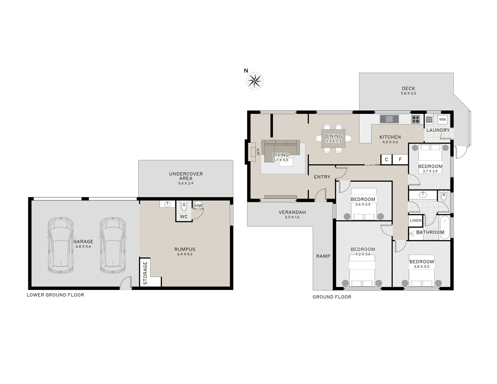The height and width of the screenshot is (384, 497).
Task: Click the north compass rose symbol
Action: point(254,81)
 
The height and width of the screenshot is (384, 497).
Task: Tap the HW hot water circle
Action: point(198,206)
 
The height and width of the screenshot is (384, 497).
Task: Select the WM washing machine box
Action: point(442,119)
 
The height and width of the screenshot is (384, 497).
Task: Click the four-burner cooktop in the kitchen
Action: point(415,119)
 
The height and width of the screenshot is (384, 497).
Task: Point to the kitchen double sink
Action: point(389,119)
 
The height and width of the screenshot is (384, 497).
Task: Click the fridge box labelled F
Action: point(400,160)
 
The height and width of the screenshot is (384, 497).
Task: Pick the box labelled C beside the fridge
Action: point(386,160)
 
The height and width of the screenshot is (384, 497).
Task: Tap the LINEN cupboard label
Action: point(415,221)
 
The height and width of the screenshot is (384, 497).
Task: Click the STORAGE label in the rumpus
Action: point(145,273)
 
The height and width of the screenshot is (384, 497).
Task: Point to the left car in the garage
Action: point(60,245)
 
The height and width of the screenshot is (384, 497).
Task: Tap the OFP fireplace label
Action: point(258,152)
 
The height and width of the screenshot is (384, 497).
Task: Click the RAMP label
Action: point(323,256)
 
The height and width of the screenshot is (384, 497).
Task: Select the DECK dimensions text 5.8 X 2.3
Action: point(408,93)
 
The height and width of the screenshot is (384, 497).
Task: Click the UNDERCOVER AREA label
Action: point(186,176)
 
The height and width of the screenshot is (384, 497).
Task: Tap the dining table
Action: point(333,138)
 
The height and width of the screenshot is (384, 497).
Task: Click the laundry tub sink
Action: point(429,119)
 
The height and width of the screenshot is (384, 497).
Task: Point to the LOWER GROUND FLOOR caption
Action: point(55,295)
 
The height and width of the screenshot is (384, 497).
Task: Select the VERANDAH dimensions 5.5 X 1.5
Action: point(292,217)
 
